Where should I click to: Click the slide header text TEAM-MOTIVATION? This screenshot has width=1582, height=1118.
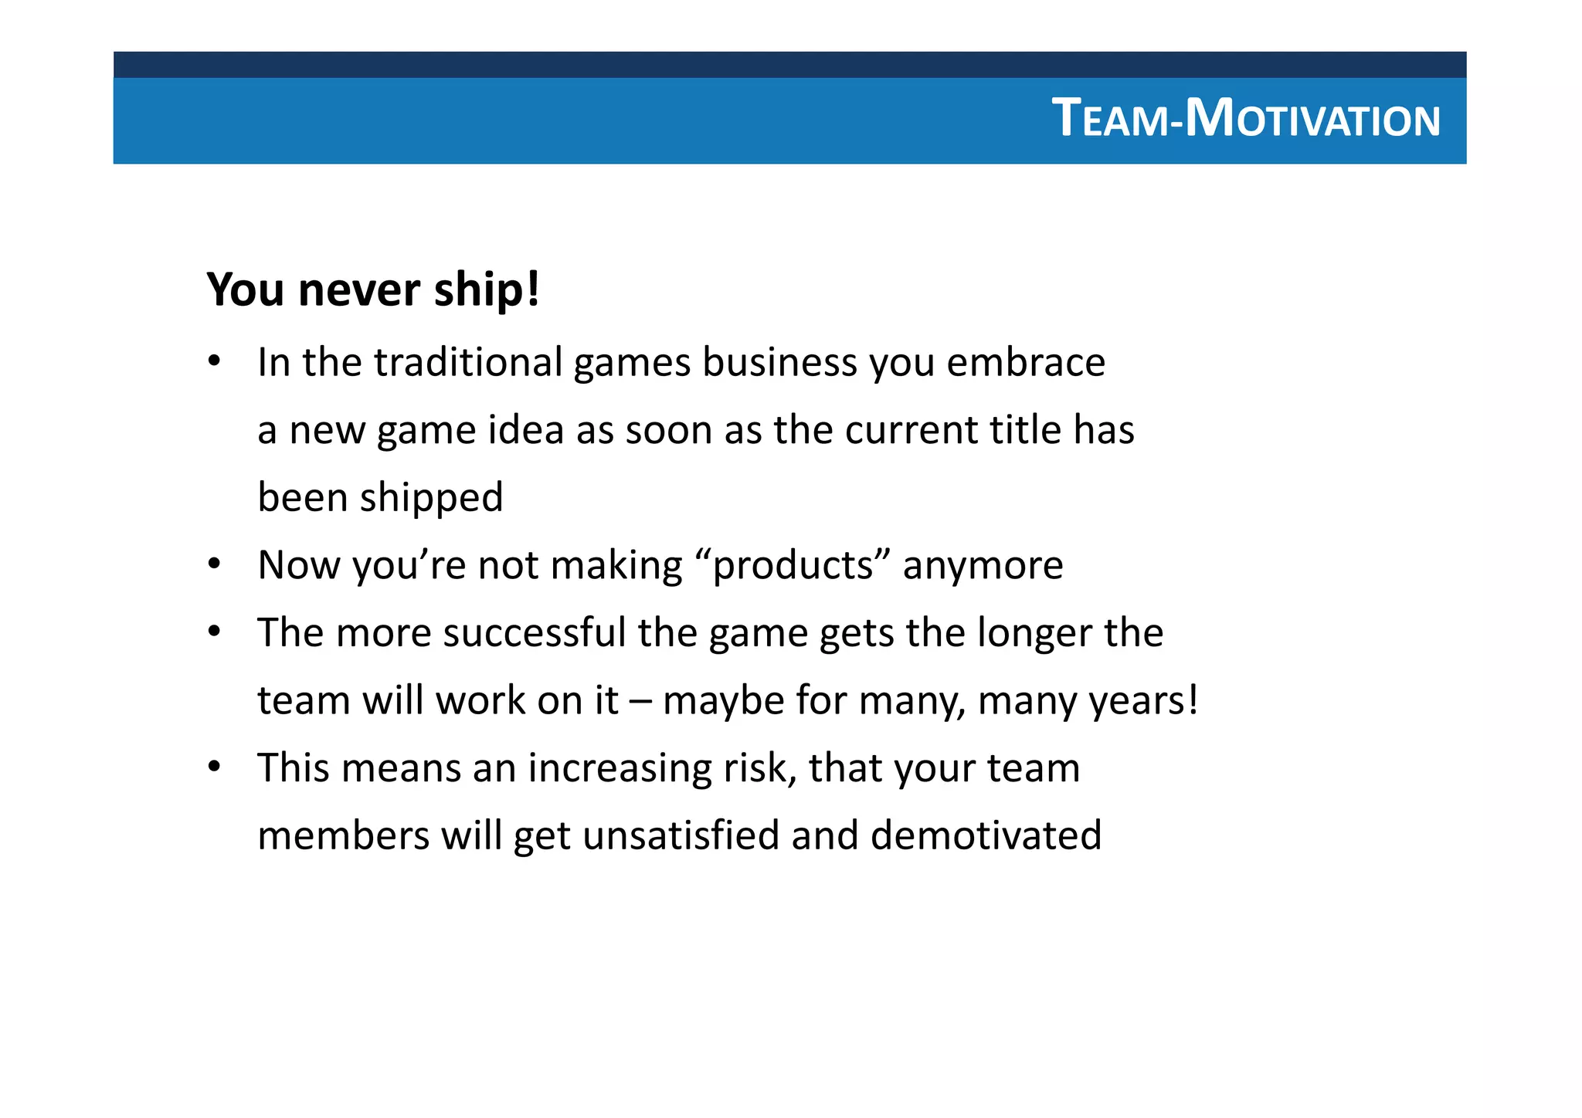click(1245, 120)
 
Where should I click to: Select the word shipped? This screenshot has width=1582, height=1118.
click(431, 498)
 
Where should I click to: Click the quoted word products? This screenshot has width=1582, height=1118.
click(793, 565)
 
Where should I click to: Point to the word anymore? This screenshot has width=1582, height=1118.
click(983, 565)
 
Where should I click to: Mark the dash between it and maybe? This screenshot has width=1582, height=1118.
click(640, 701)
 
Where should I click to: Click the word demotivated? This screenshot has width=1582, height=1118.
click(986, 836)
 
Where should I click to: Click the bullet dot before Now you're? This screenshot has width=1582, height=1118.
click(215, 564)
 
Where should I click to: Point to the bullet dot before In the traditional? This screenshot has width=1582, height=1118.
click(215, 361)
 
